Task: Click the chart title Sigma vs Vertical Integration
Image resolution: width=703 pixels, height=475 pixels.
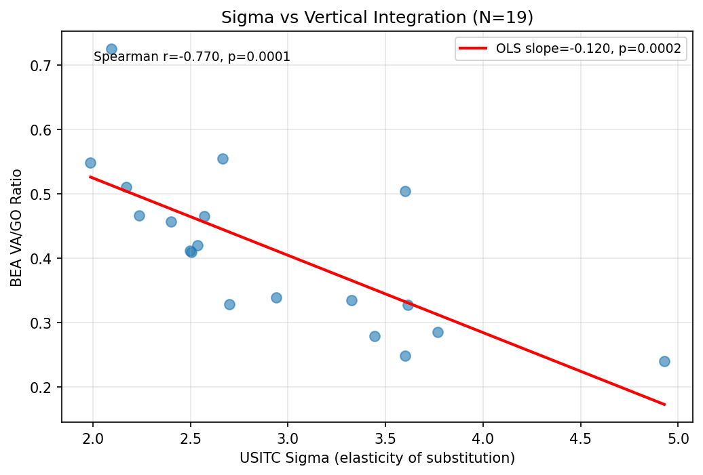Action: (x=377, y=18)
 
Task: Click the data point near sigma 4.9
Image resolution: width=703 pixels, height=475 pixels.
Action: (x=664, y=361)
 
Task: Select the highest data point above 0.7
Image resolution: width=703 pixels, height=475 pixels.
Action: (x=111, y=49)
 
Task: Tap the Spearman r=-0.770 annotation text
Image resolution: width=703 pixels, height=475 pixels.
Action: (x=192, y=57)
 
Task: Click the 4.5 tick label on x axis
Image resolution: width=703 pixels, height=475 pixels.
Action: (x=580, y=434)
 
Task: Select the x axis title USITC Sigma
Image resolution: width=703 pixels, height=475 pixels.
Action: (x=377, y=458)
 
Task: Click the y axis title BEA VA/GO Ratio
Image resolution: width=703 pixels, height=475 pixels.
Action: (x=16, y=228)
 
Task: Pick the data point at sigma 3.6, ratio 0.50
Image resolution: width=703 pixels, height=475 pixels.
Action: (x=405, y=191)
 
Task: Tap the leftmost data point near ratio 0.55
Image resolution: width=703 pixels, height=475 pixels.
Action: (x=90, y=163)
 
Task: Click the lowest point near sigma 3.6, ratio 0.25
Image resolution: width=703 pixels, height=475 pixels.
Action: (x=405, y=356)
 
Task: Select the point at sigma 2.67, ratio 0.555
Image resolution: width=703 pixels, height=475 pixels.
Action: (x=223, y=159)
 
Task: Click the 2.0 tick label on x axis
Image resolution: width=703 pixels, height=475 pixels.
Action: (x=93, y=434)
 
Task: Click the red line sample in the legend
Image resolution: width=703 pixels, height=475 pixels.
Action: (x=472, y=48)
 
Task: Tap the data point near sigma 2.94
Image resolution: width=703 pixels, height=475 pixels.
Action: (x=276, y=297)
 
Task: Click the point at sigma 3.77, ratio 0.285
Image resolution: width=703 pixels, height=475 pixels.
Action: (x=438, y=332)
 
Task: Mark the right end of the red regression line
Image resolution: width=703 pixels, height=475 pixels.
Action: (x=664, y=405)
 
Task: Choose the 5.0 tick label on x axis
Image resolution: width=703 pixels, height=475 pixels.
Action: (x=678, y=434)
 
